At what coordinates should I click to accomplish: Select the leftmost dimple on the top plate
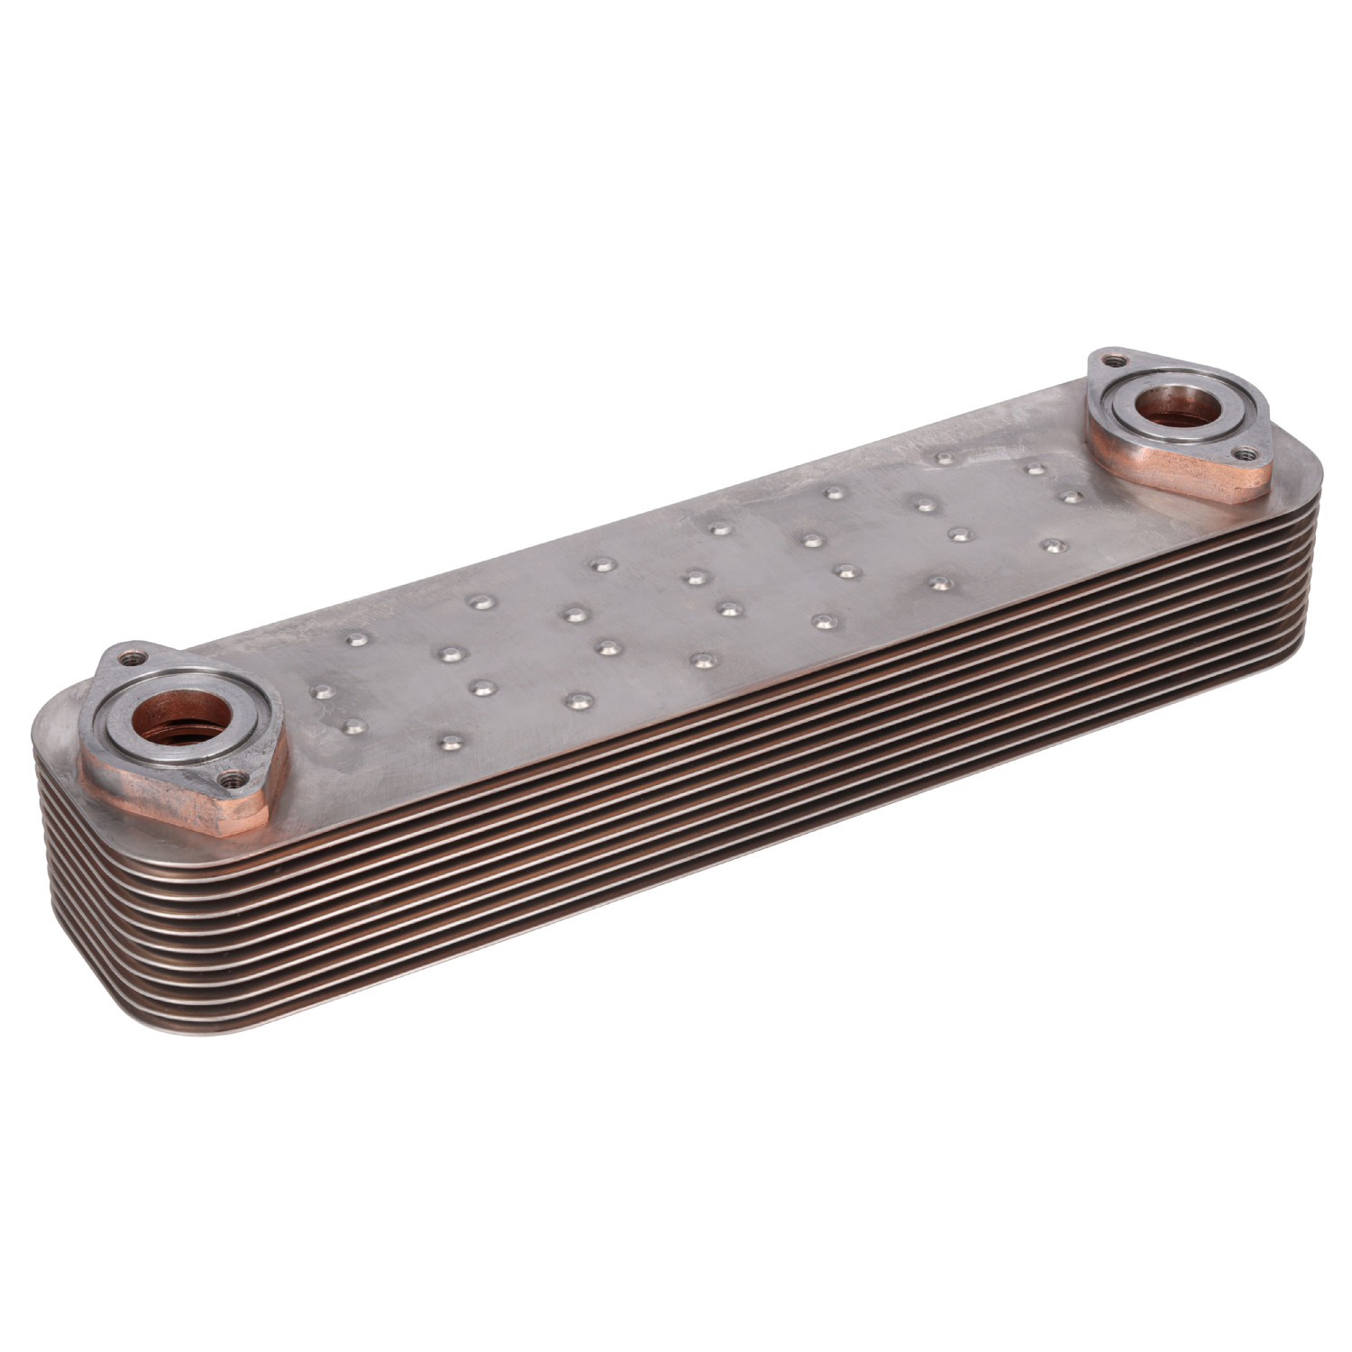[x=321, y=691]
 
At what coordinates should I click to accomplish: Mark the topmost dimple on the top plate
[x=945, y=458]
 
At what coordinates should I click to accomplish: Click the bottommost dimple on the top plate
[x=450, y=743]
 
